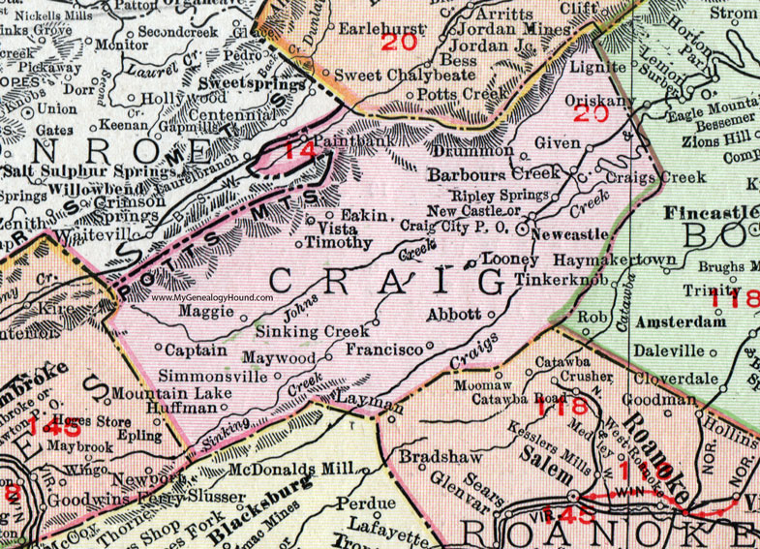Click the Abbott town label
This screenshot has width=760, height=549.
(454, 314)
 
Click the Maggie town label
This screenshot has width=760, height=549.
(204, 311)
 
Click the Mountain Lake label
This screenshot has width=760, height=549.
(171, 393)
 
